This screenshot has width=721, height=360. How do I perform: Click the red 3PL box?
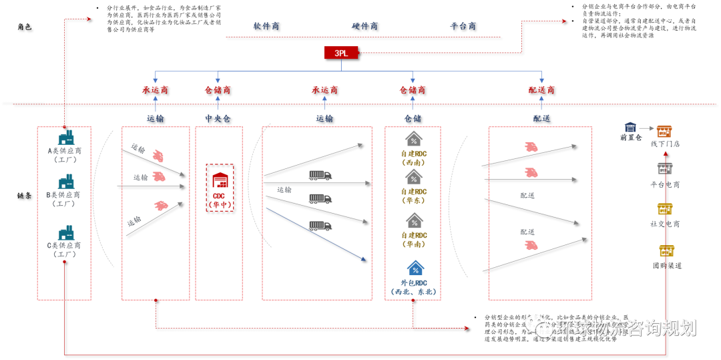click(340, 53)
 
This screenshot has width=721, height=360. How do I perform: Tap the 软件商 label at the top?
click(266, 26)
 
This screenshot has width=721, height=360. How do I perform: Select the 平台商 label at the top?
click(463, 26)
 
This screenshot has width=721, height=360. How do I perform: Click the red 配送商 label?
click(541, 89)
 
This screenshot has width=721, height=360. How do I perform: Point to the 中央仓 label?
click(218, 118)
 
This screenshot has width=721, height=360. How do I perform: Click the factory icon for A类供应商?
click(65, 137)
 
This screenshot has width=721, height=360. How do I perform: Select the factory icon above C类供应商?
click(65, 232)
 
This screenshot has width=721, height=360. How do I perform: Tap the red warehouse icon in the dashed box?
click(220, 180)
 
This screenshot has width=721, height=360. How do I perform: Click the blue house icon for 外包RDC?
click(415, 268)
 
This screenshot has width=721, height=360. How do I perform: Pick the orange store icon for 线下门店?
click(664, 132)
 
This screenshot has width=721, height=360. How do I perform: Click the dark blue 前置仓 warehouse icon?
click(630, 127)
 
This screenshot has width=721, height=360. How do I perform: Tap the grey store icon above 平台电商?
click(664, 168)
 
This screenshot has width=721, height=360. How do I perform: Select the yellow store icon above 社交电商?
click(664, 209)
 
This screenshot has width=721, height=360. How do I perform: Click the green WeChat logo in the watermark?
click(538, 326)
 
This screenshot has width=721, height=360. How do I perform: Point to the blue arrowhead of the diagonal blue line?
click(363, 258)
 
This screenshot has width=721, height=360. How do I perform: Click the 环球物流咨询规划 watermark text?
click(626, 328)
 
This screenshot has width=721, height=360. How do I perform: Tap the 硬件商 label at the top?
click(365, 26)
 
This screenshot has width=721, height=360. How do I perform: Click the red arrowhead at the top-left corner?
click(87, 19)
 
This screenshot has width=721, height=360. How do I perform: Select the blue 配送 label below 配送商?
click(541, 118)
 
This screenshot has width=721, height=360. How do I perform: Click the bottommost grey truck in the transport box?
click(320, 226)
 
